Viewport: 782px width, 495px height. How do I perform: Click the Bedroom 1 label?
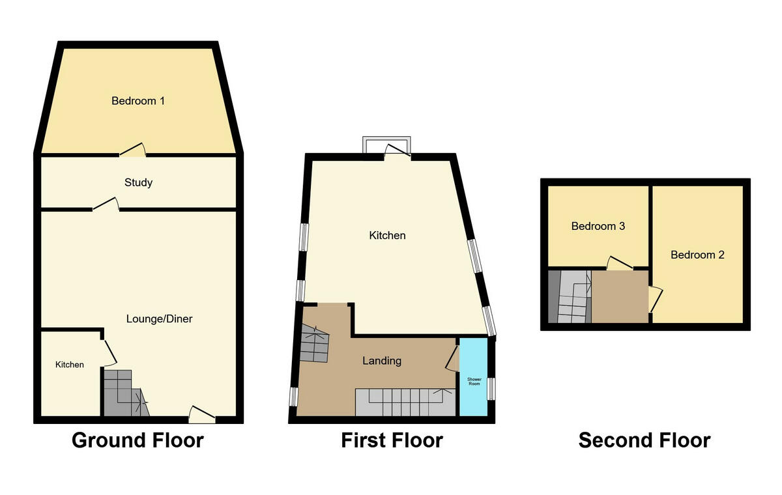138,101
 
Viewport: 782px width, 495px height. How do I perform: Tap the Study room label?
138,182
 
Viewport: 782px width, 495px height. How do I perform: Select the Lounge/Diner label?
160,319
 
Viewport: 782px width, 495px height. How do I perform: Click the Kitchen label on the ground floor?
69,365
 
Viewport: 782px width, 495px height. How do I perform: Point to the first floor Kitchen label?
387,235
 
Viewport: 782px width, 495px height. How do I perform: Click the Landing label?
382,360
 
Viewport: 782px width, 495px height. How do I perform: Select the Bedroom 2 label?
697,255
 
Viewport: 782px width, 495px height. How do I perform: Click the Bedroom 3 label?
598,227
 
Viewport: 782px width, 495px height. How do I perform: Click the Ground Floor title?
138,440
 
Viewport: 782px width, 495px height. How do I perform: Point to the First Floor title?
392,440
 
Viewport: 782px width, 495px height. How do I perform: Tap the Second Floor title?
644,440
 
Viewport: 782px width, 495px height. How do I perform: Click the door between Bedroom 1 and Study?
132,150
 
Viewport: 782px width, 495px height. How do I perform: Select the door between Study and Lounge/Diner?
106,205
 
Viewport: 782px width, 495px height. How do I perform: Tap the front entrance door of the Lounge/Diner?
202,413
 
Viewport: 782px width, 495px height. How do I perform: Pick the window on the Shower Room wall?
492,388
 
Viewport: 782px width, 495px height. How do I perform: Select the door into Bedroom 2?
656,299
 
